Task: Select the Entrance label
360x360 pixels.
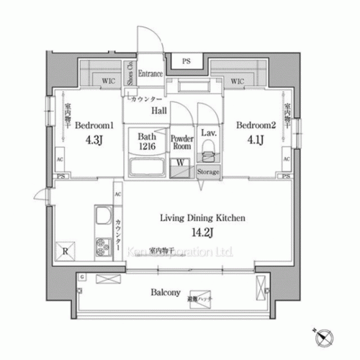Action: tap(150, 73)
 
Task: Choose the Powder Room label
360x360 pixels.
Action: tap(181, 140)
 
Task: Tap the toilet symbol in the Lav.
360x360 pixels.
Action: tap(209, 150)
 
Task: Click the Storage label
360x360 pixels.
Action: tap(209, 173)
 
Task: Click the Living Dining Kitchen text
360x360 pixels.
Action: tap(204, 216)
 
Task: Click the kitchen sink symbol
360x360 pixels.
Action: tap(102, 217)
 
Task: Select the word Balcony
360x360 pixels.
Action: tap(165, 293)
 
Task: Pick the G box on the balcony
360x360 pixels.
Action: tap(84, 277)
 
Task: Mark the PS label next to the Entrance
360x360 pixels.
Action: tap(186, 61)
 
